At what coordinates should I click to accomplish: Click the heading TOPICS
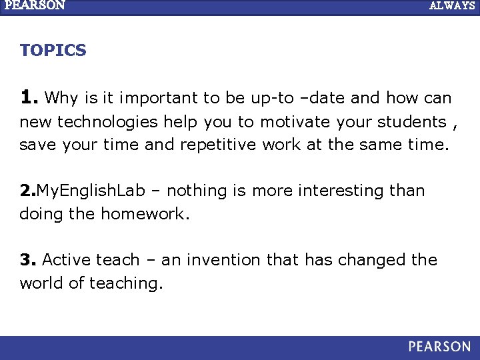tap(53, 51)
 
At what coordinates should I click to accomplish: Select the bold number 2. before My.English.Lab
tap(28, 191)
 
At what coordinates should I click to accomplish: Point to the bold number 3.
tap(28, 260)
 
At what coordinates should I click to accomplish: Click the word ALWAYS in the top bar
tap(452, 5)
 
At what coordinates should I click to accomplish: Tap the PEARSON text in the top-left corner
tap(35, 5)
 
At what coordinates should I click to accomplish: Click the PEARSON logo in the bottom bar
tap(439, 347)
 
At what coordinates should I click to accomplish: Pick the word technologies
tap(108, 122)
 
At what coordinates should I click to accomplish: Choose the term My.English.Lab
tap(91, 191)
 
